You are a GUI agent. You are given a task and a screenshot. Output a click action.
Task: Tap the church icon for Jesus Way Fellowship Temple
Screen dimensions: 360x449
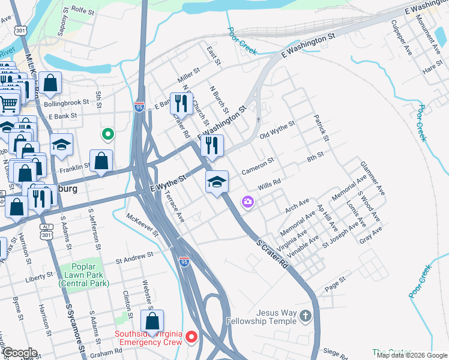pyautogui.click(x=306, y=316)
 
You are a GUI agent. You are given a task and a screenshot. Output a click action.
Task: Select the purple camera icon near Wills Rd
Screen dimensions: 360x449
pyautogui.click(x=247, y=202)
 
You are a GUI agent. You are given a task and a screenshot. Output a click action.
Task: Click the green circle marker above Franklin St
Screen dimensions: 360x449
pyautogui.click(x=107, y=134)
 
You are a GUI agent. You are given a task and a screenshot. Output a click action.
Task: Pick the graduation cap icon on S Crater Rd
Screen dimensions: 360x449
pyautogui.click(x=217, y=182)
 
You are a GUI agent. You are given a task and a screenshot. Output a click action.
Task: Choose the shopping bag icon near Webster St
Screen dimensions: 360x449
pyautogui.click(x=152, y=321)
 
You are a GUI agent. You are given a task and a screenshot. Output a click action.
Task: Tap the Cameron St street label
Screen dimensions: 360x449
pyautogui.click(x=258, y=167)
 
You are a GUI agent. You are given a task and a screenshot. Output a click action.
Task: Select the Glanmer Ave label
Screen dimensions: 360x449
pyautogui.click(x=371, y=178)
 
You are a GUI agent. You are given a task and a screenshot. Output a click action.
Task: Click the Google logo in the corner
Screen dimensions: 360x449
pyautogui.click(x=20, y=352)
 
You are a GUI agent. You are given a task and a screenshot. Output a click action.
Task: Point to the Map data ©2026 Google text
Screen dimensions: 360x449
pyautogui.click(x=411, y=355)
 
